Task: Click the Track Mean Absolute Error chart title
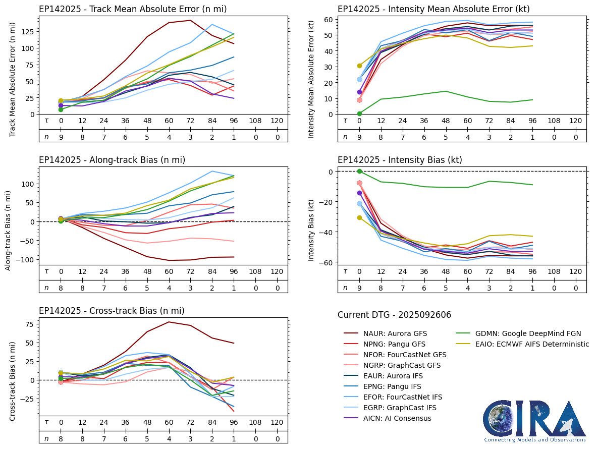pyautogui.click(x=133, y=9)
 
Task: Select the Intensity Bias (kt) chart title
pyautogui.click(x=400, y=160)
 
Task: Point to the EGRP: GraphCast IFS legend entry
pyautogui.click(x=399, y=408)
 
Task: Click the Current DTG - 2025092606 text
pyautogui.click(x=394, y=315)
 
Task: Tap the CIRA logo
pyautogui.click(x=534, y=421)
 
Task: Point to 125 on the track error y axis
pyautogui.click(x=28, y=31)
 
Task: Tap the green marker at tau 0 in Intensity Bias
pyautogui.click(x=359, y=172)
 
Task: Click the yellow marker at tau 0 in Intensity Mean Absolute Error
pyautogui.click(x=359, y=66)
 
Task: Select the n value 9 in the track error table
pyautogui.click(x=61, y=137)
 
